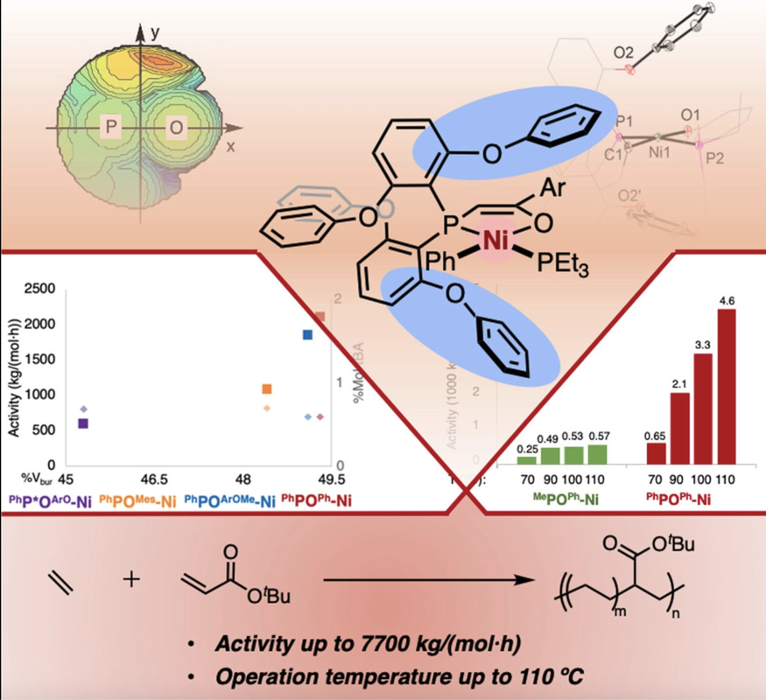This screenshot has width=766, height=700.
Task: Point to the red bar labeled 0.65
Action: coord(656,452)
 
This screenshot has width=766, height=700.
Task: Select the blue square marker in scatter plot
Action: coord(307,334)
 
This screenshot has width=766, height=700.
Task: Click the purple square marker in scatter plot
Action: coord(84,423)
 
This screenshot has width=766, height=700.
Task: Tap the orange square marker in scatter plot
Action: coord(267,388)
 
